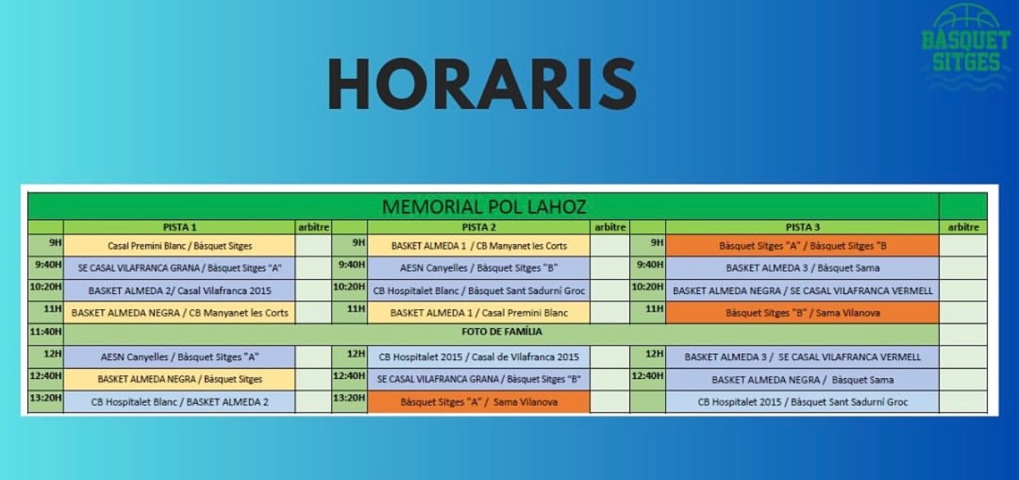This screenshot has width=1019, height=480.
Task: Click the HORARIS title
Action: coord(483,84)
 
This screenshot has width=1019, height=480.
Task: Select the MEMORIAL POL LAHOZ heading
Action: coord(484,207)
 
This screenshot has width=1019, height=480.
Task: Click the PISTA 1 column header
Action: coord(179,227)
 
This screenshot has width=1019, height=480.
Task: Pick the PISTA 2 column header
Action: coord(479,227)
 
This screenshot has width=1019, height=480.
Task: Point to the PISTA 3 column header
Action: coord(802,227)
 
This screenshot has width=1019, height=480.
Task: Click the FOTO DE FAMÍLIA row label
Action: coord(502,331)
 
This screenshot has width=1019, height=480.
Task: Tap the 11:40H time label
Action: coord(45,331)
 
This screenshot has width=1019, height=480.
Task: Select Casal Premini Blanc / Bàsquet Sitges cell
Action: coord(179,246)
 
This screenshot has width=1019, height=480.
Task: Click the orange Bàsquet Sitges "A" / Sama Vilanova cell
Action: coord(479,402)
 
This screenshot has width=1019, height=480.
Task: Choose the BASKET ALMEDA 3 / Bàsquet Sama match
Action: coord(802,268)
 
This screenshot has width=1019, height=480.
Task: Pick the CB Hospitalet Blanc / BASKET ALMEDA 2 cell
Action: coord(179,402)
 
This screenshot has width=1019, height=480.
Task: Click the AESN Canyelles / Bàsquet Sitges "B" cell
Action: coord(479,268)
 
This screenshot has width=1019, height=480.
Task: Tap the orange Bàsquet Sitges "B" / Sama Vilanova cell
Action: coord(802,313)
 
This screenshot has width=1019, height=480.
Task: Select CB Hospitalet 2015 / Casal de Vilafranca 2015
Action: coord(479,357)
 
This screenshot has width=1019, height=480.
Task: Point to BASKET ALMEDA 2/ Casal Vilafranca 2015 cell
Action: coord(179,291)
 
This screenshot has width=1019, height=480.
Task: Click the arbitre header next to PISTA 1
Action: coord(313,227)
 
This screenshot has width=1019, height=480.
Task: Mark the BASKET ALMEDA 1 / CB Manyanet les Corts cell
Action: coord(479,246)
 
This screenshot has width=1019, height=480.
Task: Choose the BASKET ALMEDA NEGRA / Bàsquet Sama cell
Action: coord(802,380)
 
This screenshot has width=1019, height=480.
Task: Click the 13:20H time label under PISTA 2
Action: coord(349,398)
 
